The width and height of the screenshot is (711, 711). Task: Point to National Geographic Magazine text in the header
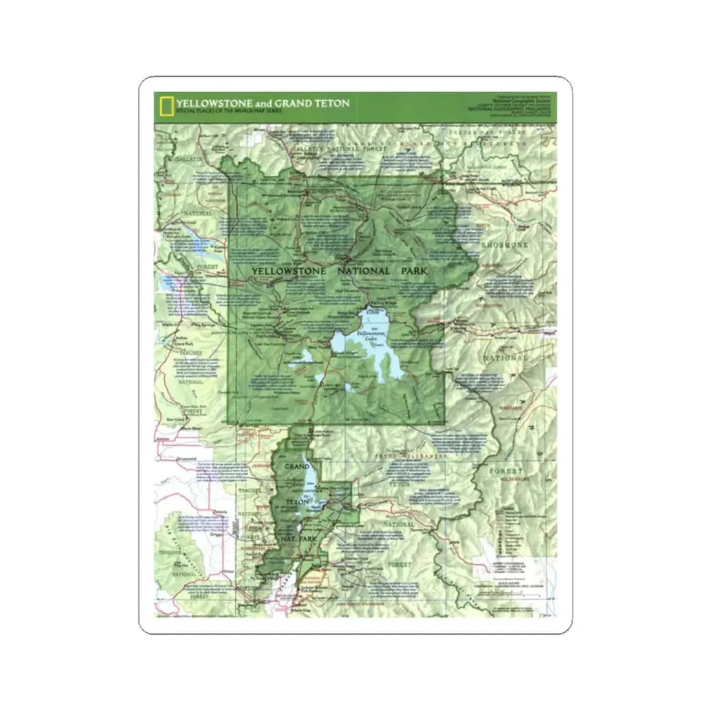tap(504, 109)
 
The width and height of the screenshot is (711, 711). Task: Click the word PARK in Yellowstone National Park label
tap(410, 271)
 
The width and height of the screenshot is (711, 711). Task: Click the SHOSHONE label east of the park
tap(504, 246)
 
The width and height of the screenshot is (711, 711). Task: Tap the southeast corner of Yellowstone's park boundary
tap(445, 423)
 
